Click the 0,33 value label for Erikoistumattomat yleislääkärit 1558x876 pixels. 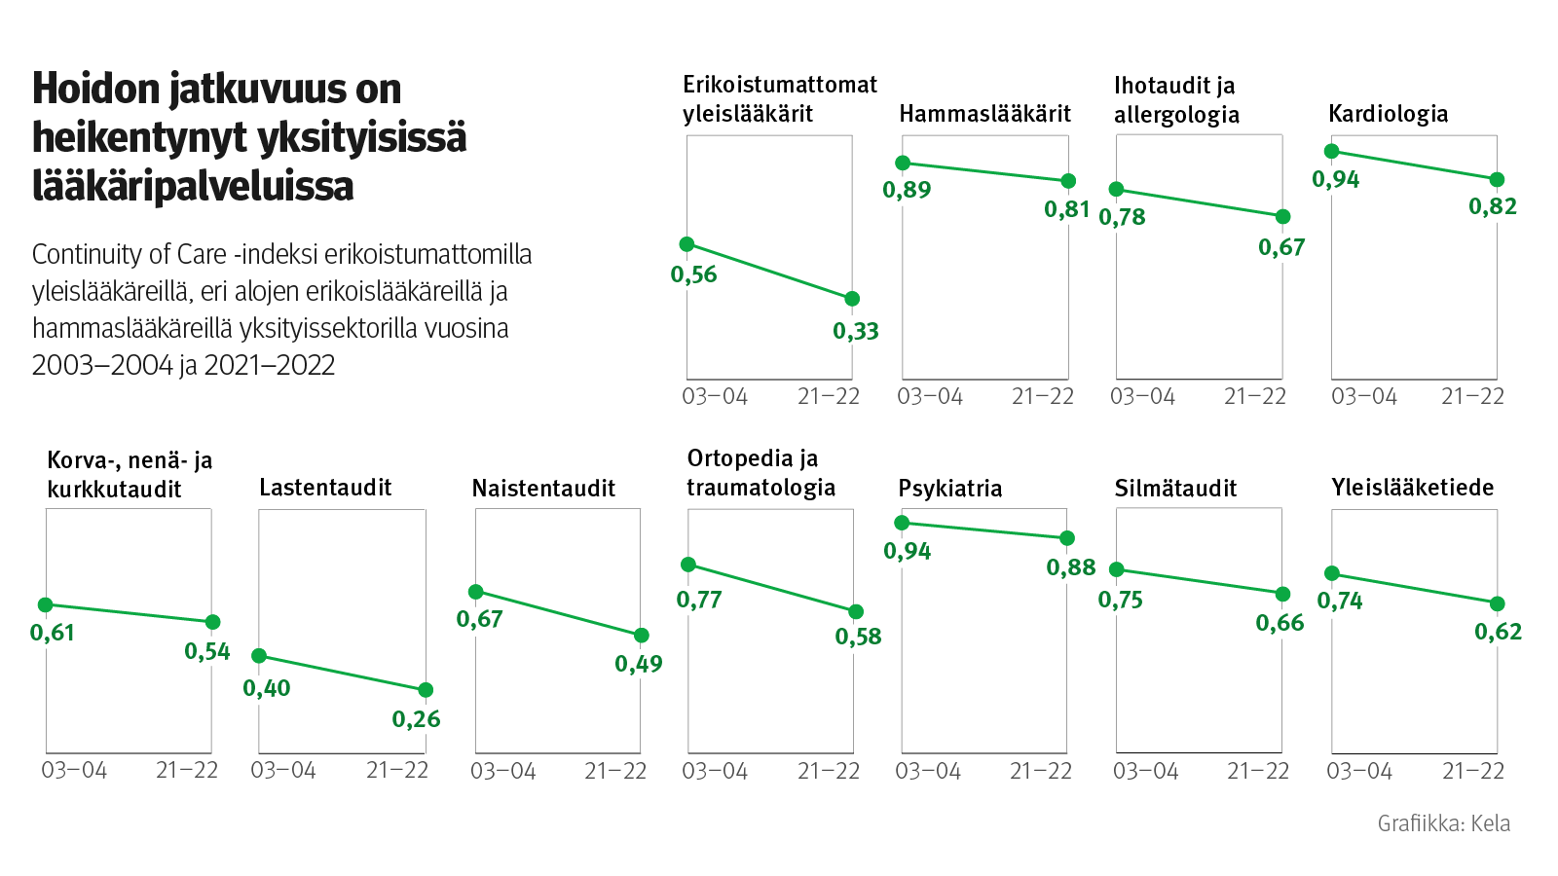pyautogui.click(x=855, y=331)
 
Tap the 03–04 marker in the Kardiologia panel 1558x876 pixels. pyautogui.click(x=1332, y=151)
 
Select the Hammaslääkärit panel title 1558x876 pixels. pyautogui.click(x=984, y=114)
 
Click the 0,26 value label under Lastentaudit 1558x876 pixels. pyautogui.click(x=416, y=719)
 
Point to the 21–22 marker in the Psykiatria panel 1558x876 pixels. pyautogui.click(x=1067, y=538)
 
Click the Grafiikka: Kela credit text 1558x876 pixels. pyautogui.click(x=1443, y=823)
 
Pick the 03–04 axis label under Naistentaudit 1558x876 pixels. pyautogui.click(x=502, y=771)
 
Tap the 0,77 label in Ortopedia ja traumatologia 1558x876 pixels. pyautogui.click(x=699, y=600)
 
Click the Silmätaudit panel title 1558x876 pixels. pyautogui.click(x=1175, y=489)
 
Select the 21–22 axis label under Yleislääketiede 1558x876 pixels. pyautogui.click(x=1472, y=771)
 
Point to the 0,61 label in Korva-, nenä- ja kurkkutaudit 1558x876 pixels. pyautogui.click(x=53, y=633)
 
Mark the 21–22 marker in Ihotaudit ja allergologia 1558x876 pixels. pyautogui.click(x=1282, y=216)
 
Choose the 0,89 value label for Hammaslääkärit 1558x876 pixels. pyautogui.click(x=907, y=190)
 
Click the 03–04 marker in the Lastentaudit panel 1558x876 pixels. pyautogui.click(x=259, y=656)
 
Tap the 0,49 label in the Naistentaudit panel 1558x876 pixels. pyautogui.click(x=638, y=664)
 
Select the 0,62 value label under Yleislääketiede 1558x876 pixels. pyautogui.click(x=1498, y=632)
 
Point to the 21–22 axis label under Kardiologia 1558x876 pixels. pyautogui.click(x=1472, y=396)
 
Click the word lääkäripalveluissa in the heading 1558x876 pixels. pyautogui.click(x=193, y=186)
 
